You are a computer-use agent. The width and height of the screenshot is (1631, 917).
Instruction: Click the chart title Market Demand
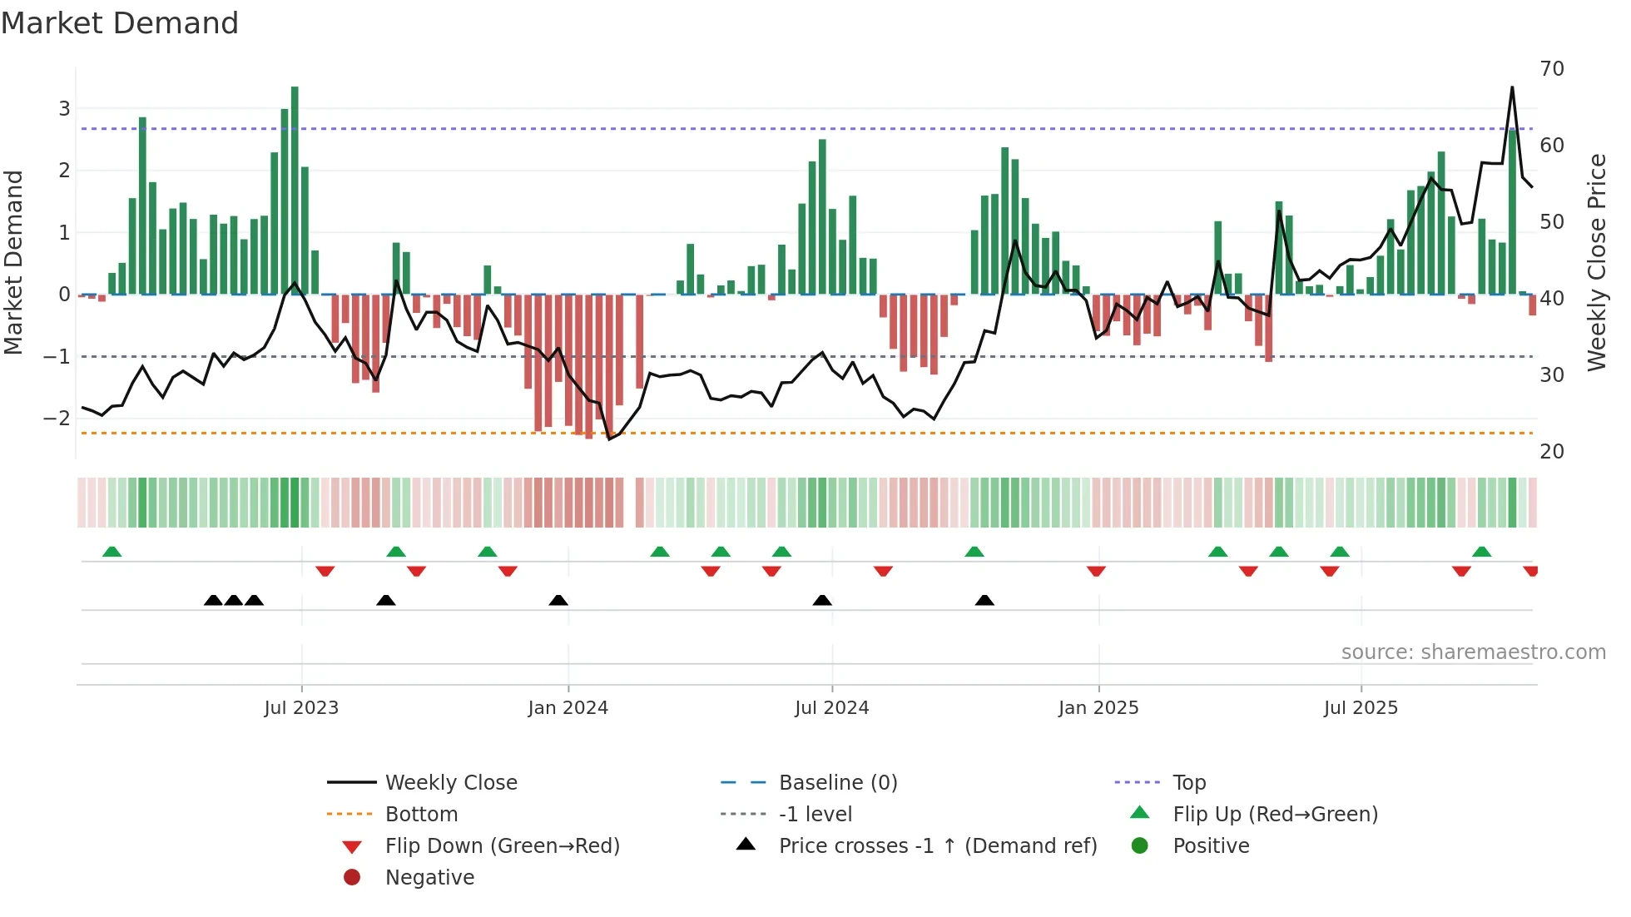[x=120, y=23]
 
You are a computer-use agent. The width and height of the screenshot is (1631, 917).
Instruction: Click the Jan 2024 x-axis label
[x=568, y=708]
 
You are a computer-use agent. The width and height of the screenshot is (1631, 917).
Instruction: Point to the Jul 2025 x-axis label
[x=1361, y=708]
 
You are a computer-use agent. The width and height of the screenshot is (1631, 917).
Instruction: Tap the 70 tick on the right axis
[x=1552, y=69]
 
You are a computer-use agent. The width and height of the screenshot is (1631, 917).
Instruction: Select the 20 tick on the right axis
[x=1552, y=452]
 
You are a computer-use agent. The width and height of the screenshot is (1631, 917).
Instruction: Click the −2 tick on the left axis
[x=57, y=419]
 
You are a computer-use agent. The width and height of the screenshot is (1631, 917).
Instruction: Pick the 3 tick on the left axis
[x=64, y=108]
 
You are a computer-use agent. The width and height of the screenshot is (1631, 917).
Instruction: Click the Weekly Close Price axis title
[x=1596, y=262]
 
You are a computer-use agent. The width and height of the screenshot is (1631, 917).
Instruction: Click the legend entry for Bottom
[x=421, y=814]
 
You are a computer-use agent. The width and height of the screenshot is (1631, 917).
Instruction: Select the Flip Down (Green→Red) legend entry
[x=502, y=845]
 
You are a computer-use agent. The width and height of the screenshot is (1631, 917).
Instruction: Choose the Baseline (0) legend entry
[x=837, y=782]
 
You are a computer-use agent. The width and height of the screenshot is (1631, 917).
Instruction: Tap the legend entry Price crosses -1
[x=937, y=845]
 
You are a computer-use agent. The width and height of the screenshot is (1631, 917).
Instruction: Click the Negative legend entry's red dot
[x=352, y=877]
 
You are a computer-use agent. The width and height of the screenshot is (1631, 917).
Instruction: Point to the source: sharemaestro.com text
[x=1473, y=652]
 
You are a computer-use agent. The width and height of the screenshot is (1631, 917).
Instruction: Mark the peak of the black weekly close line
[x=1512, y=87]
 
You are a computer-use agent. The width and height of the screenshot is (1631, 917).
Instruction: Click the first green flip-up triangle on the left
[x=112, y=552]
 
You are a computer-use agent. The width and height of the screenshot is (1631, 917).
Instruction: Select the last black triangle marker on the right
[x=984, y=600]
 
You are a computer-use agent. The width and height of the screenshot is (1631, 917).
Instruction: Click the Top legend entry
[x=1188, y=782]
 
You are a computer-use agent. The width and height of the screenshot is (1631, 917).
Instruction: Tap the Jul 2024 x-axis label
[x=831, y=708]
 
